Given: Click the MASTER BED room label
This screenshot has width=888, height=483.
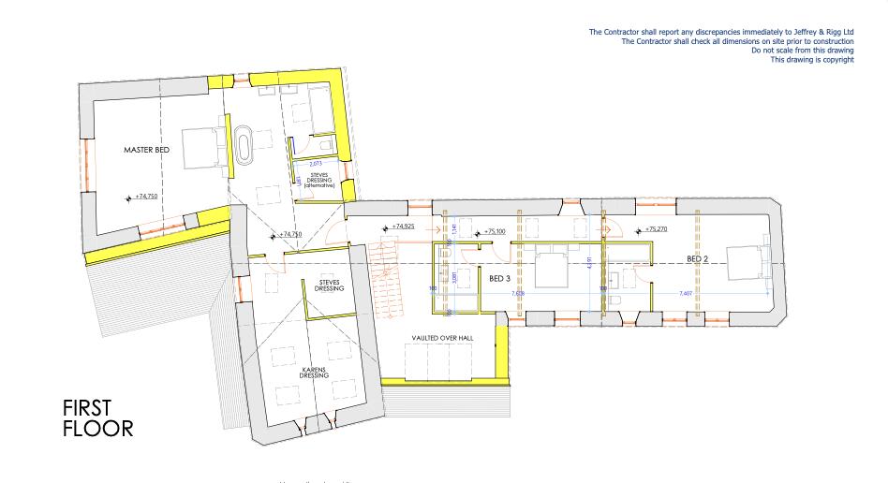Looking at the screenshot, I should pyautogui.click(x=144, y=150).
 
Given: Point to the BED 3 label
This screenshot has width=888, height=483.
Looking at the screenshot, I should pyautogui.click(x=500, y=278).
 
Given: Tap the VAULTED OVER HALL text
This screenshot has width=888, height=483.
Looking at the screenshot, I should pyautogui.click(x=440, y=337).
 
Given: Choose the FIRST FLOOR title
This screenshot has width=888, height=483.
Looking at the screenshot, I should pyautogui.click(x=97, y=418).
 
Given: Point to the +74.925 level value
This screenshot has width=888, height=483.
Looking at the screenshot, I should pyautogui.click(x=403, y=227).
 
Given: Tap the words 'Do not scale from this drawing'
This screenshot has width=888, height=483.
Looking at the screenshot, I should pyautogui.click(x=802, y=51).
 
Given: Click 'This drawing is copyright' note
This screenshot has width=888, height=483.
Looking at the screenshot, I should pyautogui.click(x=811, y=60).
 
